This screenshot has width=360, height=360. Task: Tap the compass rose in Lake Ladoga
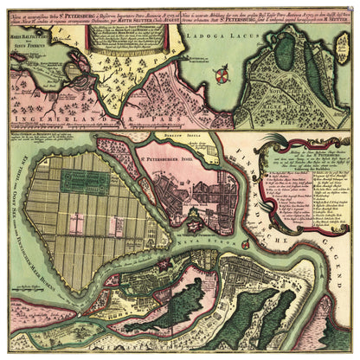click(222, 76)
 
